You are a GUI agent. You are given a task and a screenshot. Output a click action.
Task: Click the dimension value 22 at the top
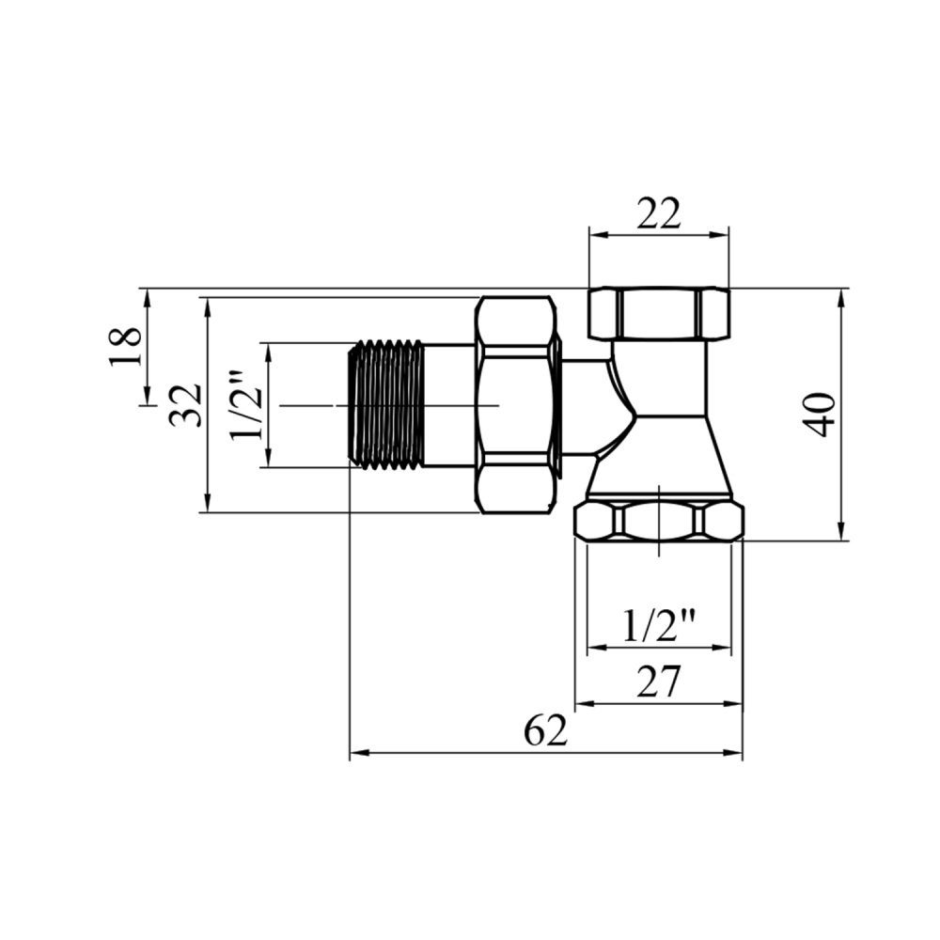pyautogui.click(x=659, y=213)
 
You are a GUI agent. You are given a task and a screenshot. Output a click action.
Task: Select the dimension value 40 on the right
pyautogui.click(x=820, y=415)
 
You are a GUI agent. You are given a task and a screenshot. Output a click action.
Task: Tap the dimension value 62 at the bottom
pyautogui.click(x=545, y=730)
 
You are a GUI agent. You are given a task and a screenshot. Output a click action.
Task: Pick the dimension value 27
pyautogui.click(x=659, y=681)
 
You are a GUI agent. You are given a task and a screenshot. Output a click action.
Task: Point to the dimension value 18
pyautogui.click(x=125, y=346)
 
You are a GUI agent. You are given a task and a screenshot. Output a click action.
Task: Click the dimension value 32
pyautogui.click(x=184, y=405)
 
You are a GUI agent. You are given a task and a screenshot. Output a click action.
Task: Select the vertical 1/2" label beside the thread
pyautogui.click(x=246, y=405)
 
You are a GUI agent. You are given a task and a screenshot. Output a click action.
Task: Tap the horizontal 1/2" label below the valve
pyautogui.click(x=659, y=627)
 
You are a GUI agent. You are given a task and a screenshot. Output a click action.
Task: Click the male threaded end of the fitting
pyautogui.click(x=386, y=405)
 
